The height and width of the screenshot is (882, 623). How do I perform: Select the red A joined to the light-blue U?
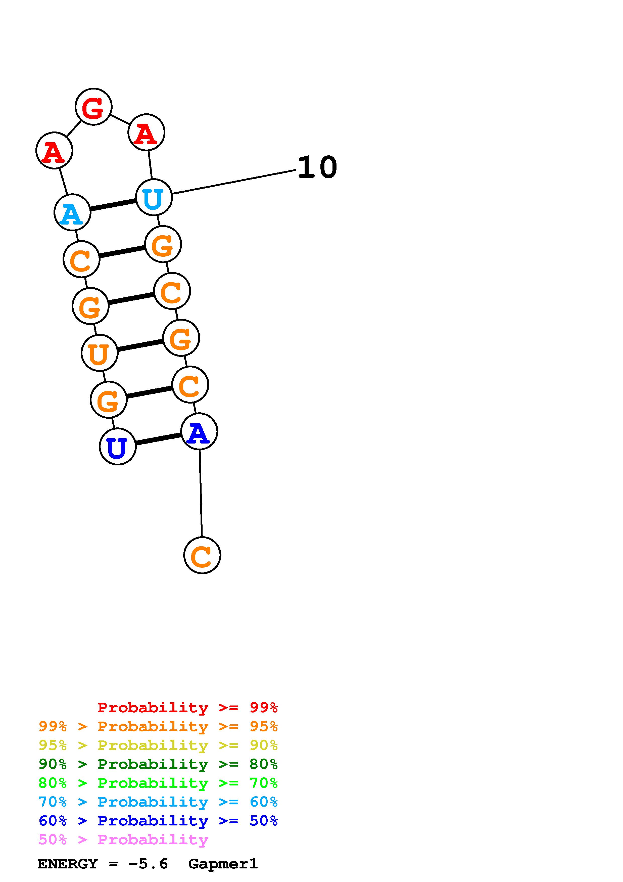click(x=146, y=132)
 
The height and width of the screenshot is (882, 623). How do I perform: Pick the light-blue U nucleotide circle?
click(x=154, y=197)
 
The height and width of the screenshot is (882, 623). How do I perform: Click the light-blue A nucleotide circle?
click(x=72, y=212)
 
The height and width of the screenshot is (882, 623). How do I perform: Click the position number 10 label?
click(x=317, y=168)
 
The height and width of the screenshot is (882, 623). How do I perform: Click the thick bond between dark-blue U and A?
click(x=158, y=439)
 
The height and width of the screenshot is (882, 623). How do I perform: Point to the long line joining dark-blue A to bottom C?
click(x=201, y=494)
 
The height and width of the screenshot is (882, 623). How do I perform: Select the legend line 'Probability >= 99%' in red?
click(x=187, y=707)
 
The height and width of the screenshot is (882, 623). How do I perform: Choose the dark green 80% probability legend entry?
click(x=158, y=764)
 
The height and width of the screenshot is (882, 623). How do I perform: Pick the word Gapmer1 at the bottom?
click(x=223, y=864)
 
